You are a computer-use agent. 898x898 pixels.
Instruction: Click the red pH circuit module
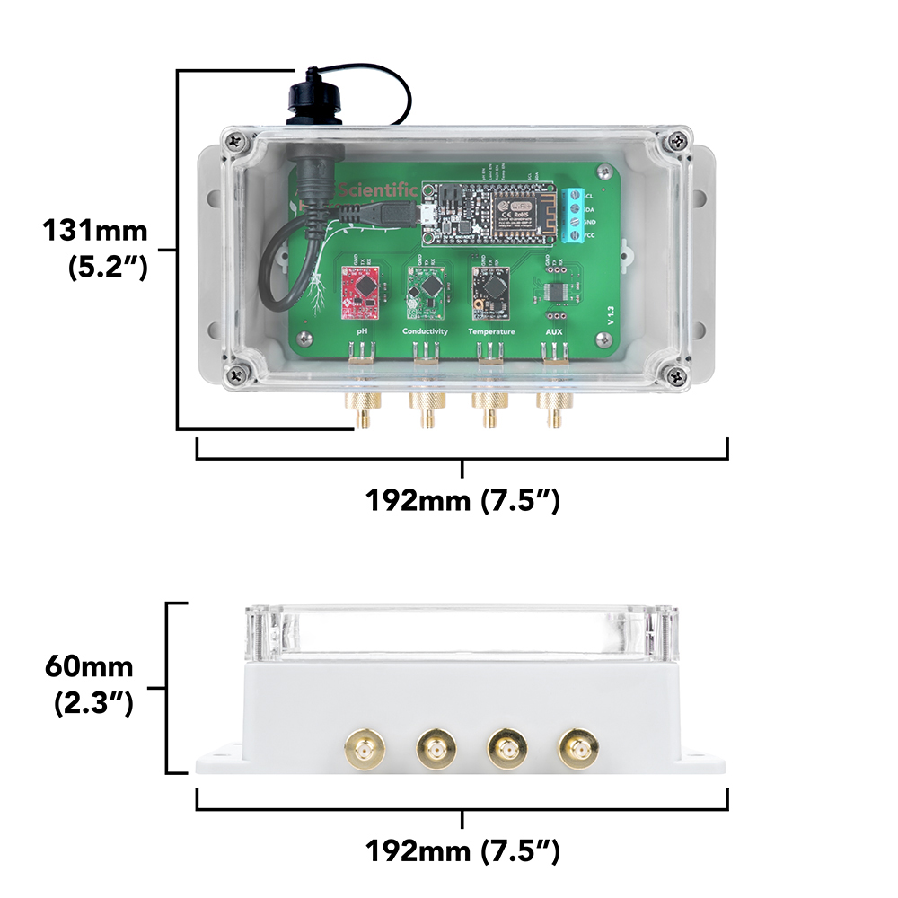362,293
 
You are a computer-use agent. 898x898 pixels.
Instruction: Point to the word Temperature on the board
491,331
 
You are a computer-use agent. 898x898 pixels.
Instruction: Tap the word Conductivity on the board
425,331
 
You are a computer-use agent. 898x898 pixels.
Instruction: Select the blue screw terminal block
572,216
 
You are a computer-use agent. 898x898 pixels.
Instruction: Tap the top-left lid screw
236,140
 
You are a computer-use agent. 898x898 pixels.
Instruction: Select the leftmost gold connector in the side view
365,747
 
